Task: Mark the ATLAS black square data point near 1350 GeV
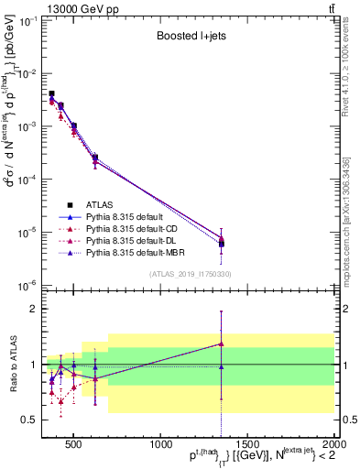[x=221, y=244]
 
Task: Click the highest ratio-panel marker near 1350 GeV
[x=221, y=344]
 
